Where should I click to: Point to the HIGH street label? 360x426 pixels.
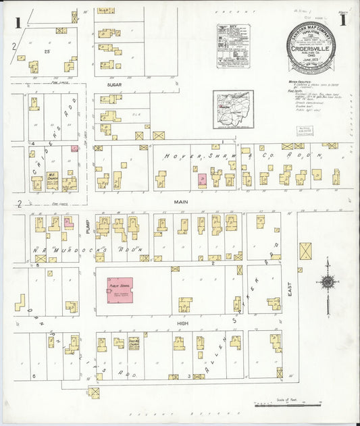(x=180, y=324)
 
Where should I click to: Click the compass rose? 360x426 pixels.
(x=327, y=283)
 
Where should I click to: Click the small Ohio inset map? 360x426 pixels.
(x=232, y=109)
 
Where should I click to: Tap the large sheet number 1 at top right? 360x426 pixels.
(x=343, y=20)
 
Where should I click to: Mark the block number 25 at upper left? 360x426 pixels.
(x=47, y=51)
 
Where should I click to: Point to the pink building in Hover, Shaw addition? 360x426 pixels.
(x=202, y=179)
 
